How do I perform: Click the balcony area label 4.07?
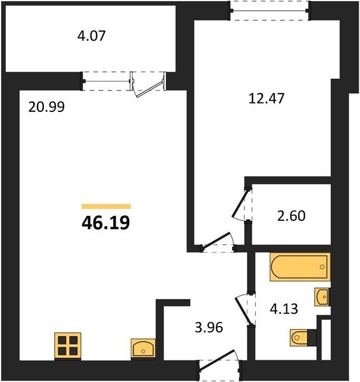(x=92, y=36)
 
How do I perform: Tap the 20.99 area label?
(x=46, y=107)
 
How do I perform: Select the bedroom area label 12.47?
(x=267, y=99)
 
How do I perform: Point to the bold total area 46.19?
(x=106, y=223)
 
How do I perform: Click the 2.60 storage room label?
(x=291, y=216)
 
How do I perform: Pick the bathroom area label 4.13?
(x=284, y=309)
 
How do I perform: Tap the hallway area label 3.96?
(x=209, y=327)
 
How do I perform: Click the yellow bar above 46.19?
(x=106, y=206)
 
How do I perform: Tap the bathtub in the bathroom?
(x=300, y=267)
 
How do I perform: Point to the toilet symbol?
(x=303, y=337)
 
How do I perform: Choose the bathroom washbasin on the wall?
(x=322, y=297)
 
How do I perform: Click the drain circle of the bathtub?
(x=322, y=267)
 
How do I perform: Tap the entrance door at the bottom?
(x=220, y=365)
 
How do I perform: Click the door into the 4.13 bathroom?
(x=245, y=309)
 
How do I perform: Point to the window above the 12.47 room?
(x=270, y=11)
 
